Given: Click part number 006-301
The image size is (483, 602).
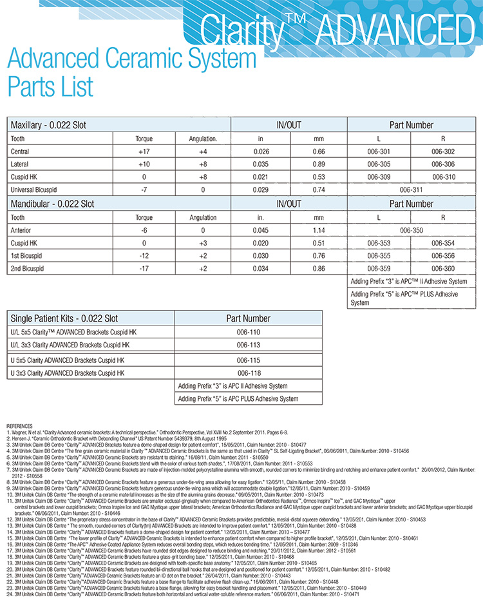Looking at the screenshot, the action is (x=380, y=151).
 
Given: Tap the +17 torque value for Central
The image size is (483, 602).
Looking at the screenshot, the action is (x=144, y=151).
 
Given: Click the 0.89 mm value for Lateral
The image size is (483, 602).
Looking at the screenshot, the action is (x=319, y=164).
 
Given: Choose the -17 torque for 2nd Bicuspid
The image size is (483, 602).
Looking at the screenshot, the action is (x=144, y=268).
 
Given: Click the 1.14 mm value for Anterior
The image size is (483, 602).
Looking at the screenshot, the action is (x=319, y=230).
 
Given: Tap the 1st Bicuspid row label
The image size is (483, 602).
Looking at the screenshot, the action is (x=26, y=256).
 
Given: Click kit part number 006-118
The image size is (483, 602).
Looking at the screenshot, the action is (x=248, y=373).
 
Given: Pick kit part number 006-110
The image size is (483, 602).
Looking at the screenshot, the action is (x=248, y=332).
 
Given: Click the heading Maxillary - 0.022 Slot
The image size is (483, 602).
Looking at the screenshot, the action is (x=49, y=125).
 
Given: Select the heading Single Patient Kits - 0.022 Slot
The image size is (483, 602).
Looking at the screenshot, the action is (x=62, y=318).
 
